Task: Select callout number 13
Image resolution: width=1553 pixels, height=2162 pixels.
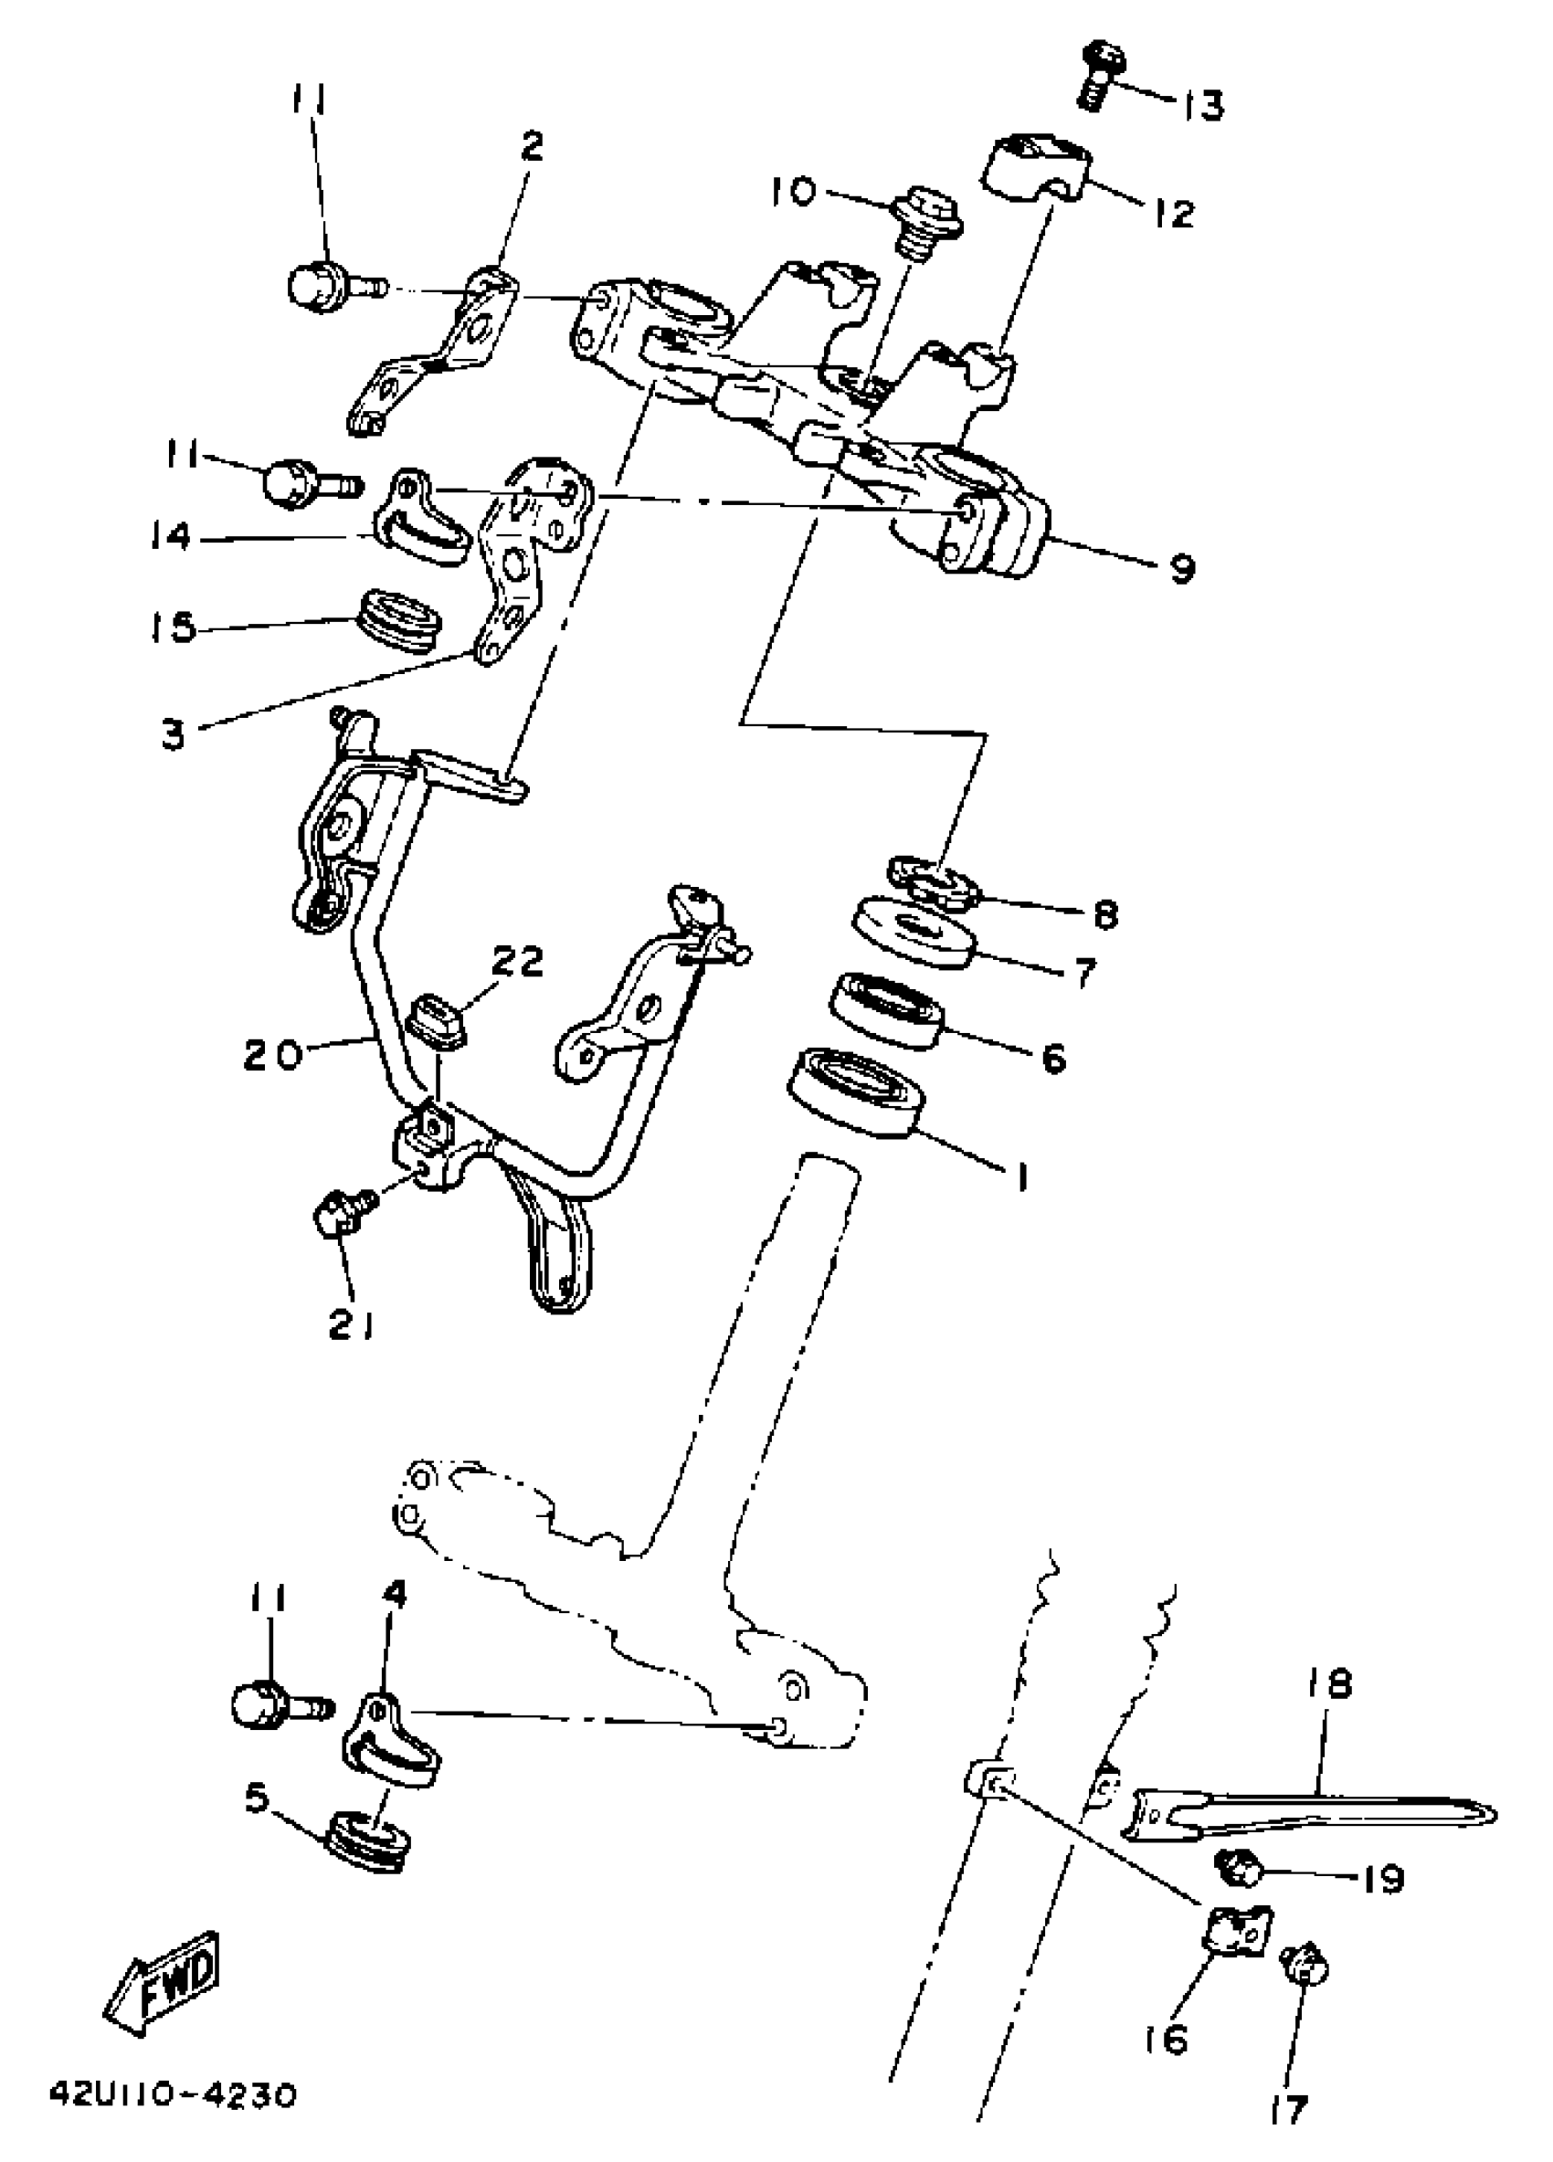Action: (1203, 104)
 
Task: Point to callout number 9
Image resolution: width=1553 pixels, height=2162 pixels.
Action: (1180, 569)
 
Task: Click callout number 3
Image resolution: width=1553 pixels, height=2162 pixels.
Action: (173, 734)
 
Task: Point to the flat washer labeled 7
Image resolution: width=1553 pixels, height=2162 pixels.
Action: (914, 932)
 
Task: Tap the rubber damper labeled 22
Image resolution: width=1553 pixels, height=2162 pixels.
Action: (437, 1021)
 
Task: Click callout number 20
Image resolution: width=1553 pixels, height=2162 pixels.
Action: (272, 1054)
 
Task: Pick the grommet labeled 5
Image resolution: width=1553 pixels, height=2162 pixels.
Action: (369, 1848)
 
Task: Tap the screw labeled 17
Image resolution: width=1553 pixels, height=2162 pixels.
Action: (1305, 1965)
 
